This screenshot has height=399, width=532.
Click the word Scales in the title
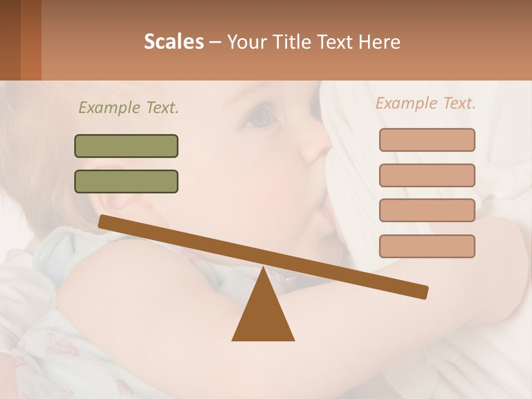(x=173, y=42)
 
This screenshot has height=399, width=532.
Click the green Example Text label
(x=129, y=108)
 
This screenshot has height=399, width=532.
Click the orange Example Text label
(x=426, y=103)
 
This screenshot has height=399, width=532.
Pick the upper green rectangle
(x=126, y=146)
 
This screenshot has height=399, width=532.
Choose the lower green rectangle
(x=126, y=181)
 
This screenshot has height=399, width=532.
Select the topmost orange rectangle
(x=427, y=140)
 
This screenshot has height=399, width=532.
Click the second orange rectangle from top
(x=427, y=175)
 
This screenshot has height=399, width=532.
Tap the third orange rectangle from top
(x=427, y=210)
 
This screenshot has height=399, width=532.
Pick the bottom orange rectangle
(x=427, y=246)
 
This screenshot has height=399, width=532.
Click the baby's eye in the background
(x=260, y=116)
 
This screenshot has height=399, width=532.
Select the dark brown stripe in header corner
(x=10, y=40)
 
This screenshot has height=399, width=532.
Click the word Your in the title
(x=245, y=42)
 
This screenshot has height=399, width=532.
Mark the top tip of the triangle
(x=263, y=268)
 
